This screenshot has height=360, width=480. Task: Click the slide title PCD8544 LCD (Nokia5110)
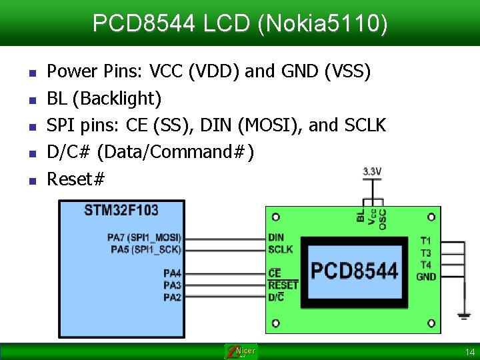[x=240, y=24]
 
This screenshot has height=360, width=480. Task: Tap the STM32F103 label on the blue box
[x=121, y=211]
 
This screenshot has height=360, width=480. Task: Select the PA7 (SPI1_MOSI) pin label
[x=144, y=237]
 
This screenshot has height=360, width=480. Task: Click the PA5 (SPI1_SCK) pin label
[x=145, y=249]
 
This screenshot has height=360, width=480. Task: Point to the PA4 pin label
[x=172, y=273]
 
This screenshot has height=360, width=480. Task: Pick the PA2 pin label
[x=172, y=297]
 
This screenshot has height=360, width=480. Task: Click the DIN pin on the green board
[x=275, y=237]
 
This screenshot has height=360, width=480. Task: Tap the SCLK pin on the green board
[x=280, y=249]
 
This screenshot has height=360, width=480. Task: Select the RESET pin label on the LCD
[x=283, y=285]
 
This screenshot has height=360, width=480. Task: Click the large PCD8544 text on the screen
[x=354, y=271]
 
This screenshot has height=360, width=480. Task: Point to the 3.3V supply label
[x=372, y=171]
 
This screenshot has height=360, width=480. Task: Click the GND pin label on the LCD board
[x=426, y=277]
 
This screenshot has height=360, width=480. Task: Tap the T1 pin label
[x=426, y=241]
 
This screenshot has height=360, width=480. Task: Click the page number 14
[x=470, y=351]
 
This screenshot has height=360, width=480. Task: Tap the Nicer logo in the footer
[x=241, y=351]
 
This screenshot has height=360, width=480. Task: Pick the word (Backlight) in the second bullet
[x=117, y=99]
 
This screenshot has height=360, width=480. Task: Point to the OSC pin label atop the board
[x=383, y=219]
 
